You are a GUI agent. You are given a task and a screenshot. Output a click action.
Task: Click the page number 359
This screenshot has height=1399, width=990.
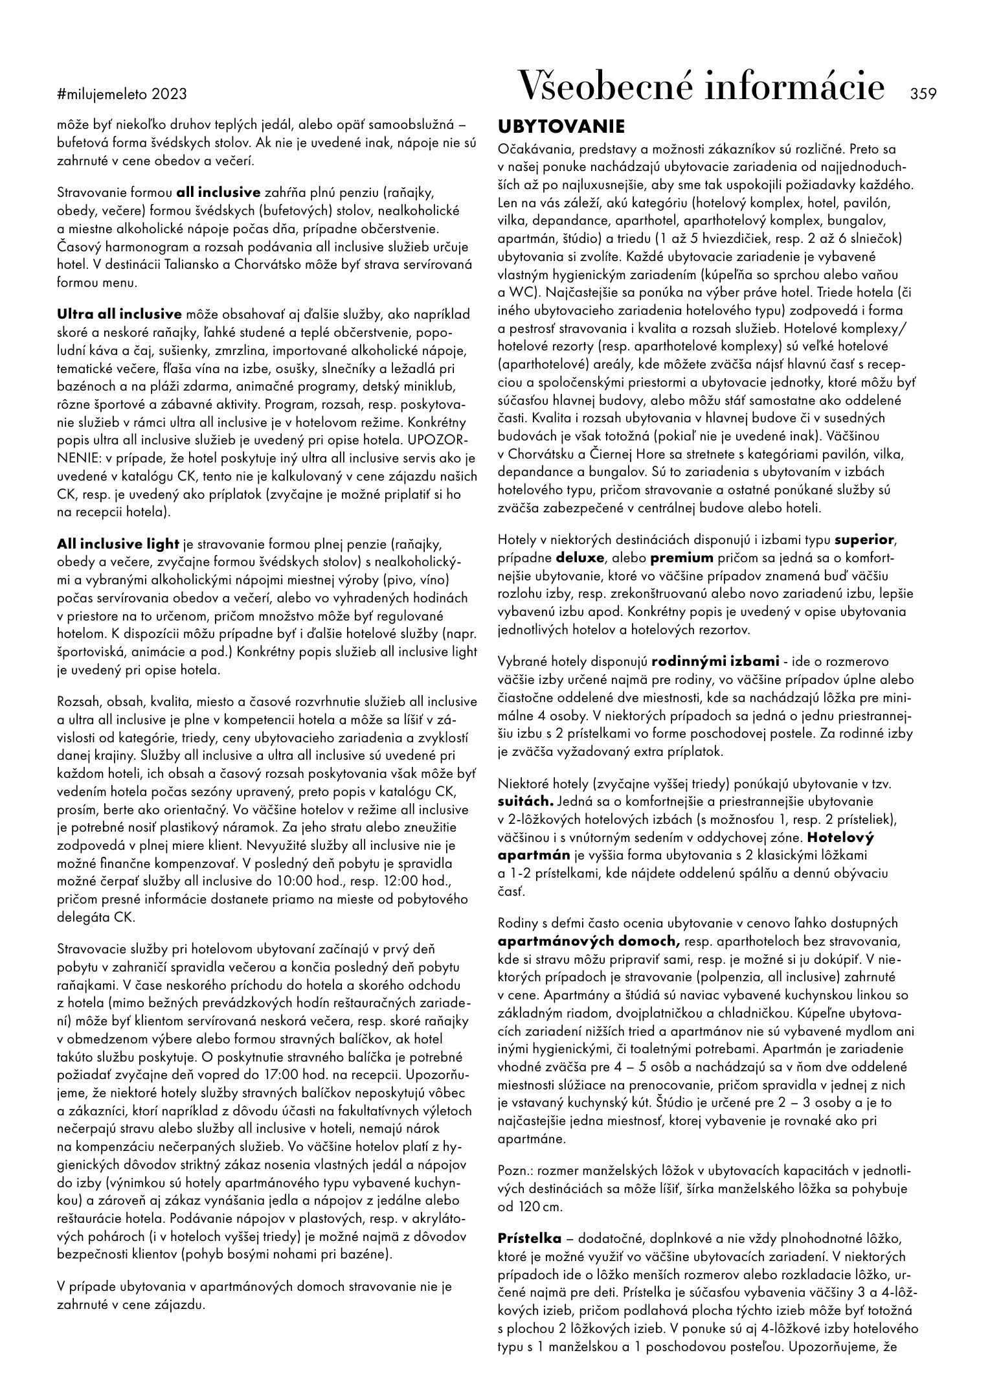[x=923, y=94]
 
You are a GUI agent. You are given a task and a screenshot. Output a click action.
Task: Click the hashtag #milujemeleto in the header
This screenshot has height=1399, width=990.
[x=102, y=95]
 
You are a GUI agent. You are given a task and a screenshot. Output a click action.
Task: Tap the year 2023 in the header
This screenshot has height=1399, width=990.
[x=169, y=95]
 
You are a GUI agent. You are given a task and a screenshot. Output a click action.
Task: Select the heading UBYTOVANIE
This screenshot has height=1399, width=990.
[x=561, y=126]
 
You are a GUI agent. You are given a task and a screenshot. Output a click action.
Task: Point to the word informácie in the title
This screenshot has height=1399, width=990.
[x=794, y=87]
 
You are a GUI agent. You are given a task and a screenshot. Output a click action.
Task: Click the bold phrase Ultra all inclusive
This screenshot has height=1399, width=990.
[x=120, y=315]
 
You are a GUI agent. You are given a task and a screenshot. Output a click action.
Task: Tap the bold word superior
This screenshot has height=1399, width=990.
[x=864, y=539]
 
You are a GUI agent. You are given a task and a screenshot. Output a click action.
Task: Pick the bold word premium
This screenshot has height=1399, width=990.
[x=682, y=557]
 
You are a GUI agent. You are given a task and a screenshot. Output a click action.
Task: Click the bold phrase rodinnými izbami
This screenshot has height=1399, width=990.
[x=715, y=662]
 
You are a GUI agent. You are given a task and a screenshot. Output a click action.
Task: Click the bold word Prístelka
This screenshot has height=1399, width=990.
[x=530, y=1238]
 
